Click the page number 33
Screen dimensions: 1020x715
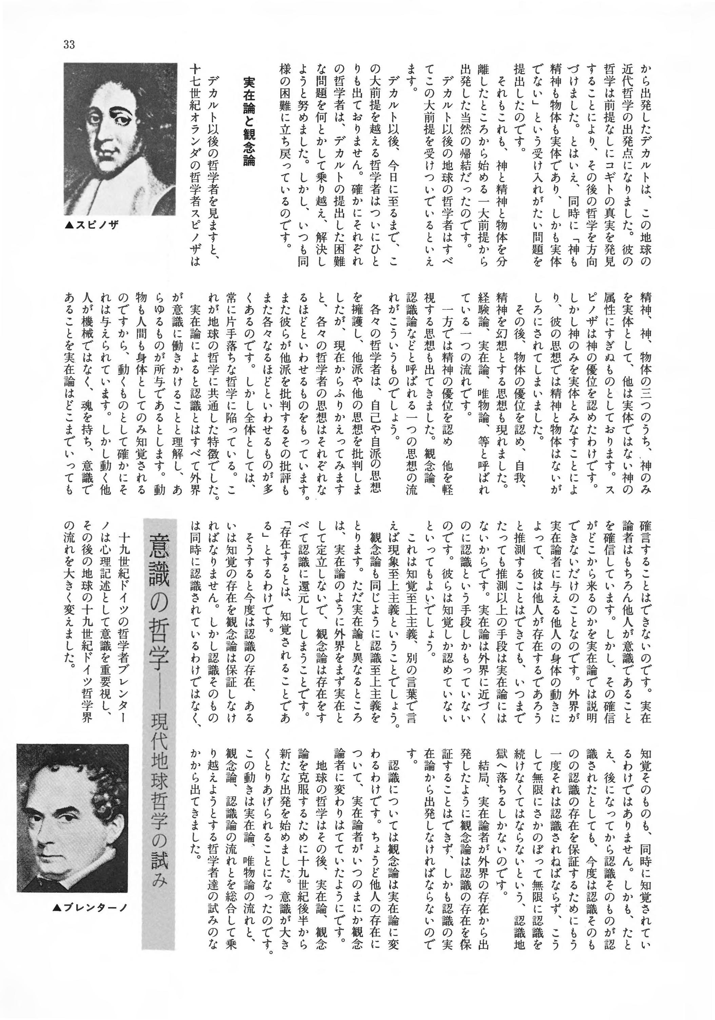pyautogui.click(x=69, y=45)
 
